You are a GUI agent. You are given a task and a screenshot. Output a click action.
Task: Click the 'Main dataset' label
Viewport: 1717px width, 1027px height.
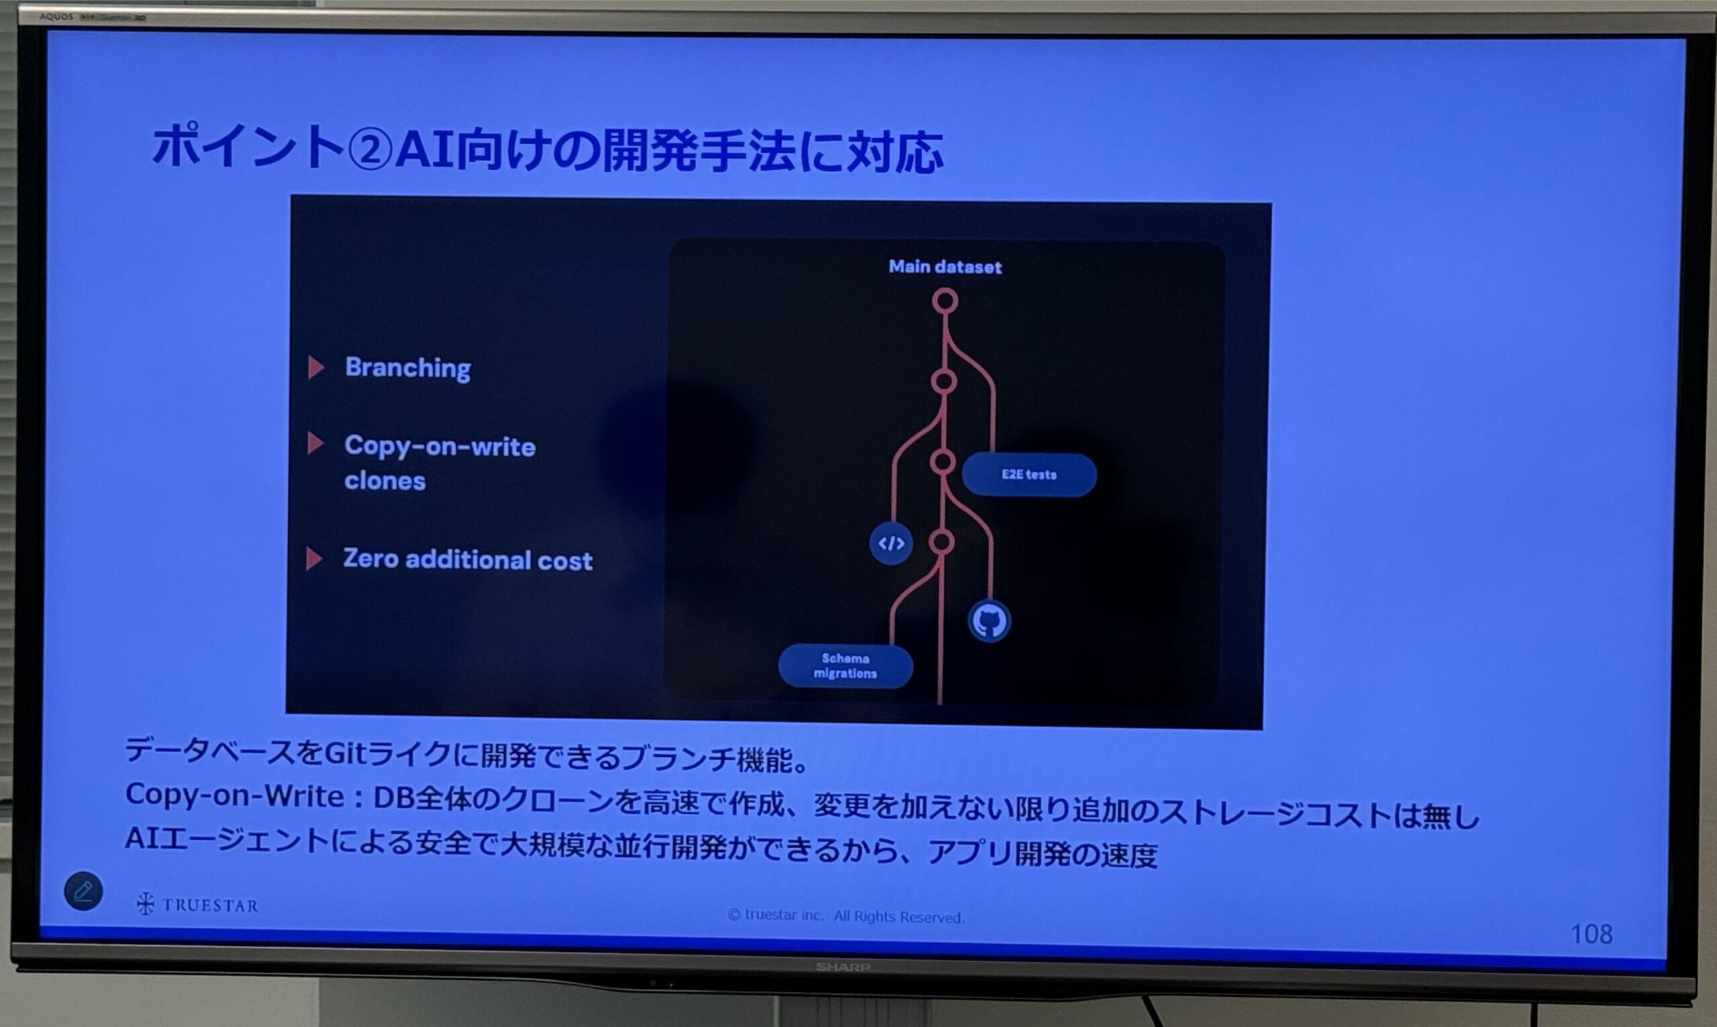(x=945, y=266)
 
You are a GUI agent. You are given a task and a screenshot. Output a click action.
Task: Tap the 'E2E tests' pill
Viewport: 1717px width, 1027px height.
(x=1029, y=475)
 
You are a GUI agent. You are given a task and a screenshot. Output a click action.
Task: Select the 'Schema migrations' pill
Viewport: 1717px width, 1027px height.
(x=845, y=666)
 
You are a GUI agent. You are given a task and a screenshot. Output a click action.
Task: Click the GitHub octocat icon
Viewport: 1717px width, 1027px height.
(x=989, y=621)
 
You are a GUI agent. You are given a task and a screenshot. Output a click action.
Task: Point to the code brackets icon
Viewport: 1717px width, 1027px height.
(x=891, y=543)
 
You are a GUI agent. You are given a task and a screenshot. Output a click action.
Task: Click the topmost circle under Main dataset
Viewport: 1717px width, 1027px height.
(x=945, y=301)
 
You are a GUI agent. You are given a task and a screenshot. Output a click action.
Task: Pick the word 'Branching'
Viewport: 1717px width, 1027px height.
(x=408, y=367)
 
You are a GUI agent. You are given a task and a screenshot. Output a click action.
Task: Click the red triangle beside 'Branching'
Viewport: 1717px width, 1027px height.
(x=316, y=367)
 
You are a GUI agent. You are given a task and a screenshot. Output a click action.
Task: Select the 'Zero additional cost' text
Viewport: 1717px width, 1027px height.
(x=468, y=559)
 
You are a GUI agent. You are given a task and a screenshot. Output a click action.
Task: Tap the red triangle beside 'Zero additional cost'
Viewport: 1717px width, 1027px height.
(x=314, y=558)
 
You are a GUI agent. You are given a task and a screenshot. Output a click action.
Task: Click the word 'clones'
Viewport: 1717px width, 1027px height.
(x=385, y=480)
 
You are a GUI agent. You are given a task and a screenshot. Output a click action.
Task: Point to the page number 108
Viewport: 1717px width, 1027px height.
(x=1592, y=934)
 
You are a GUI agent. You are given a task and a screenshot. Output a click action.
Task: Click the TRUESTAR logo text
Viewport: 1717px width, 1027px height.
(x=197, y=904)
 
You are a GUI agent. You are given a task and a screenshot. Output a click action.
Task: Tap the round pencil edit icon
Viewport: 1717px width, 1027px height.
(x=83, y=891)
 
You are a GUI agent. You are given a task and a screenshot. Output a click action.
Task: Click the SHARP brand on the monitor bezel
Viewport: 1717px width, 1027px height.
(x=842, y=967)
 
